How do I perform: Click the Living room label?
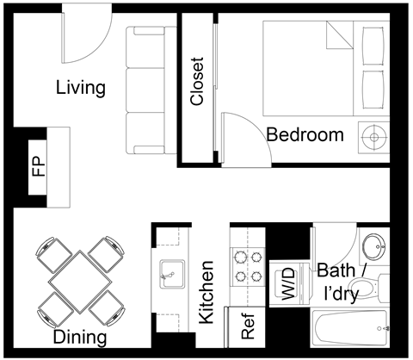coord(80,88)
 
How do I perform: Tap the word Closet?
coord(197,82)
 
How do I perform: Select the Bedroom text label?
coord(305,135)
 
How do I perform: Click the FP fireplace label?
coord(38,165)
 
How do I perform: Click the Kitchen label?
coord(206,292)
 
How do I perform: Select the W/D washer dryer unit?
coord(287,283)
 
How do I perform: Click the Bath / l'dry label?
coord(342,280)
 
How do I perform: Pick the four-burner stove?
coord(247,266)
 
